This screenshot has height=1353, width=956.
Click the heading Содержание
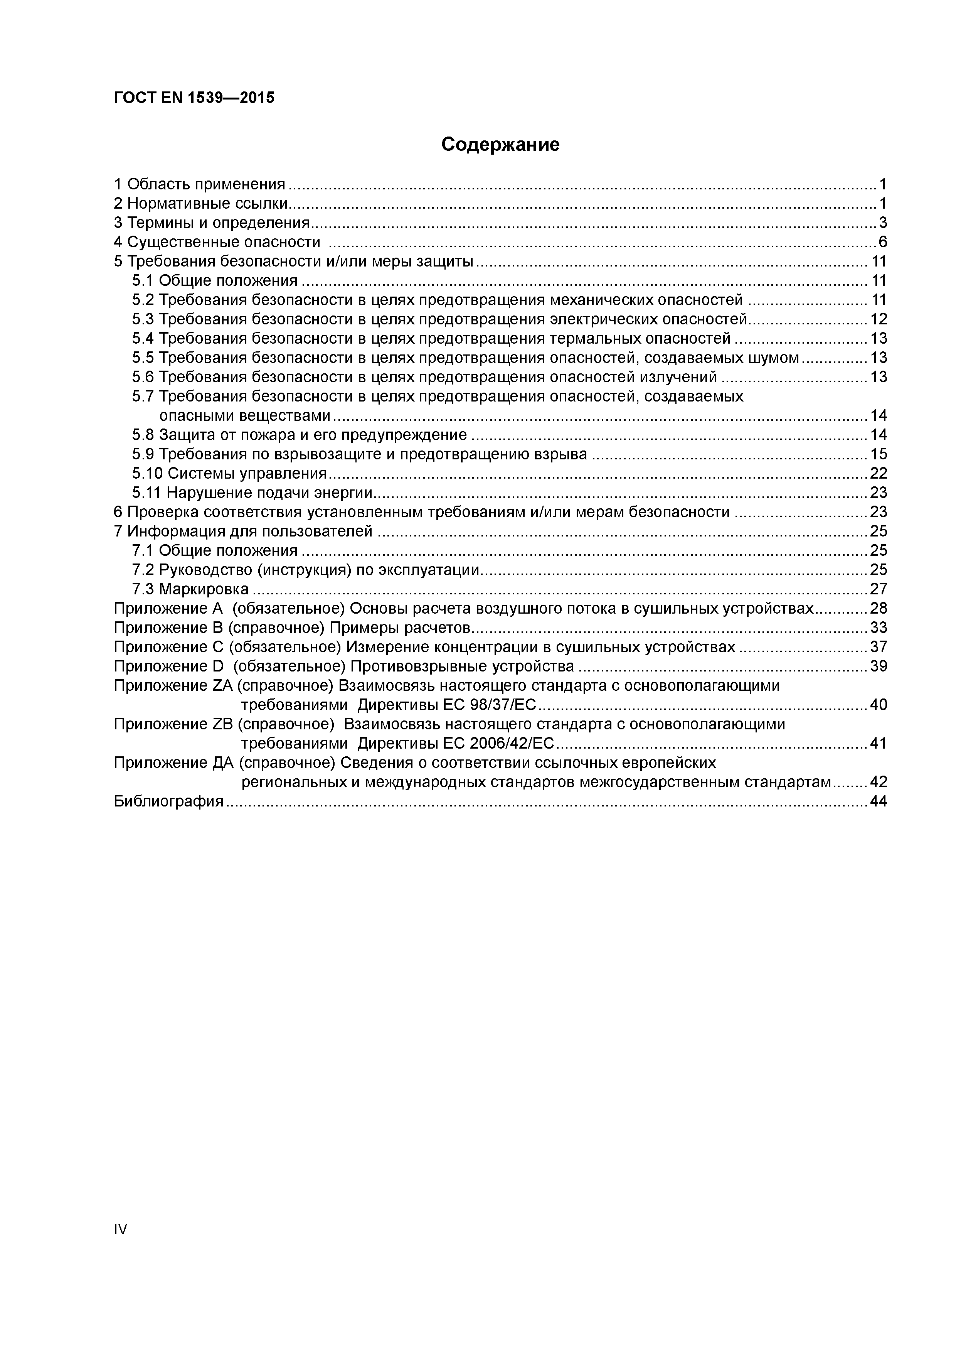tap(500, 144)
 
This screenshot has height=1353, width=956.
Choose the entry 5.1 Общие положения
tap(215, 280)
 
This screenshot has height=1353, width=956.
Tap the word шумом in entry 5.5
tap(773, 358)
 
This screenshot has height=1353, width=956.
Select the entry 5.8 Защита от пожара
tap(299, 435)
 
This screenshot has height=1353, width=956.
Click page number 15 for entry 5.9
tap(878, 454)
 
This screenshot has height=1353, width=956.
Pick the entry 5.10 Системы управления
tap(229, 473)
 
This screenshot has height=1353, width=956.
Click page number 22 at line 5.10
tap(878, 473)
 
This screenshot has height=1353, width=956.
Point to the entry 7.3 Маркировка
tap(190, 589)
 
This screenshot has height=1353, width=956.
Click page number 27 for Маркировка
tap(878, 589)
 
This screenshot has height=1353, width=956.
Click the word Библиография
tap(168, 801)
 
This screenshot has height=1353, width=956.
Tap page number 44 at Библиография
tap(878, 801)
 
